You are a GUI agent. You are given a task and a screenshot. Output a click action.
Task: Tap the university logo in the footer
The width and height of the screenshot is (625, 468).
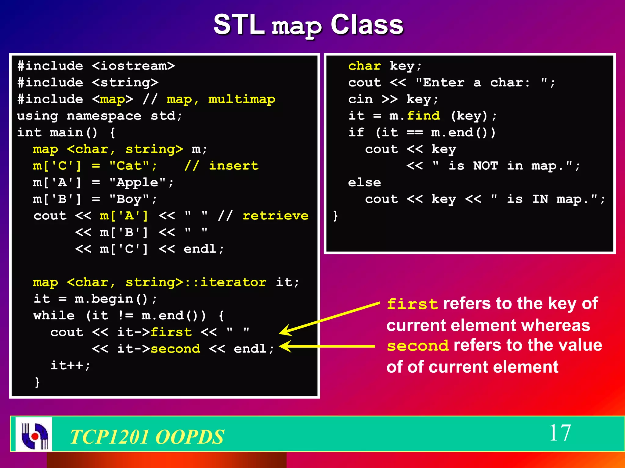pyautogui.click(x=34, y=434)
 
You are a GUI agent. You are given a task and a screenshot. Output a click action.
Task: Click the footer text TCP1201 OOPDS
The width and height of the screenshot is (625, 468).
pyautogui.click(x=147, y=437)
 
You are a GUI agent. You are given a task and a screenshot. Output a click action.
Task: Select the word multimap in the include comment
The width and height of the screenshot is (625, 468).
pyautogui.click(x=241, y=99)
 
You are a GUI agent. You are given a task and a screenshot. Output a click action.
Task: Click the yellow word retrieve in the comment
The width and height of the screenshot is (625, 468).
pyautogui.click(x=275, y=216)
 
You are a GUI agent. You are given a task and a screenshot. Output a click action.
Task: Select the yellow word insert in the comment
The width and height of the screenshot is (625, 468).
pyautogui.click(x=233, y=166)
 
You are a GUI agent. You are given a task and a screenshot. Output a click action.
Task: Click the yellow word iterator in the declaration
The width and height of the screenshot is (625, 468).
pyautogui.click(x=233, y=282)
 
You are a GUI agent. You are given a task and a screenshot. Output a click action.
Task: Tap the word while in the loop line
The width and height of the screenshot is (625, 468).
pyautogui.click(x=54, y=316)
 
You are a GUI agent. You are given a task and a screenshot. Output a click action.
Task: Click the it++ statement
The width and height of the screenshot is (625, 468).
pyautogui.click(x=70, y=365)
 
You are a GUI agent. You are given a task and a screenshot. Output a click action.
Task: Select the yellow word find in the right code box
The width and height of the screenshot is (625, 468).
pyautogui.click(x=423, y=116)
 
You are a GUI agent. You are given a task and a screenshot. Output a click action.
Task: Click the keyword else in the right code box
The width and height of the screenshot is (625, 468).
pyautogui.click(x=364, y=183)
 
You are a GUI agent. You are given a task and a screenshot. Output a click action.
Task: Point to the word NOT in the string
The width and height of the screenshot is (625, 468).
pyautogui.click(x=485, y=166)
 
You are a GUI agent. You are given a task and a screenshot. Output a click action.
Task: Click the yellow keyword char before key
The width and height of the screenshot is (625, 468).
pyautogui.click(x=364, y=66)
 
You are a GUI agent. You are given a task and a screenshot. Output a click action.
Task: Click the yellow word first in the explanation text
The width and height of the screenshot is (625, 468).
pyautogui.click(x=412, y=304)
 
